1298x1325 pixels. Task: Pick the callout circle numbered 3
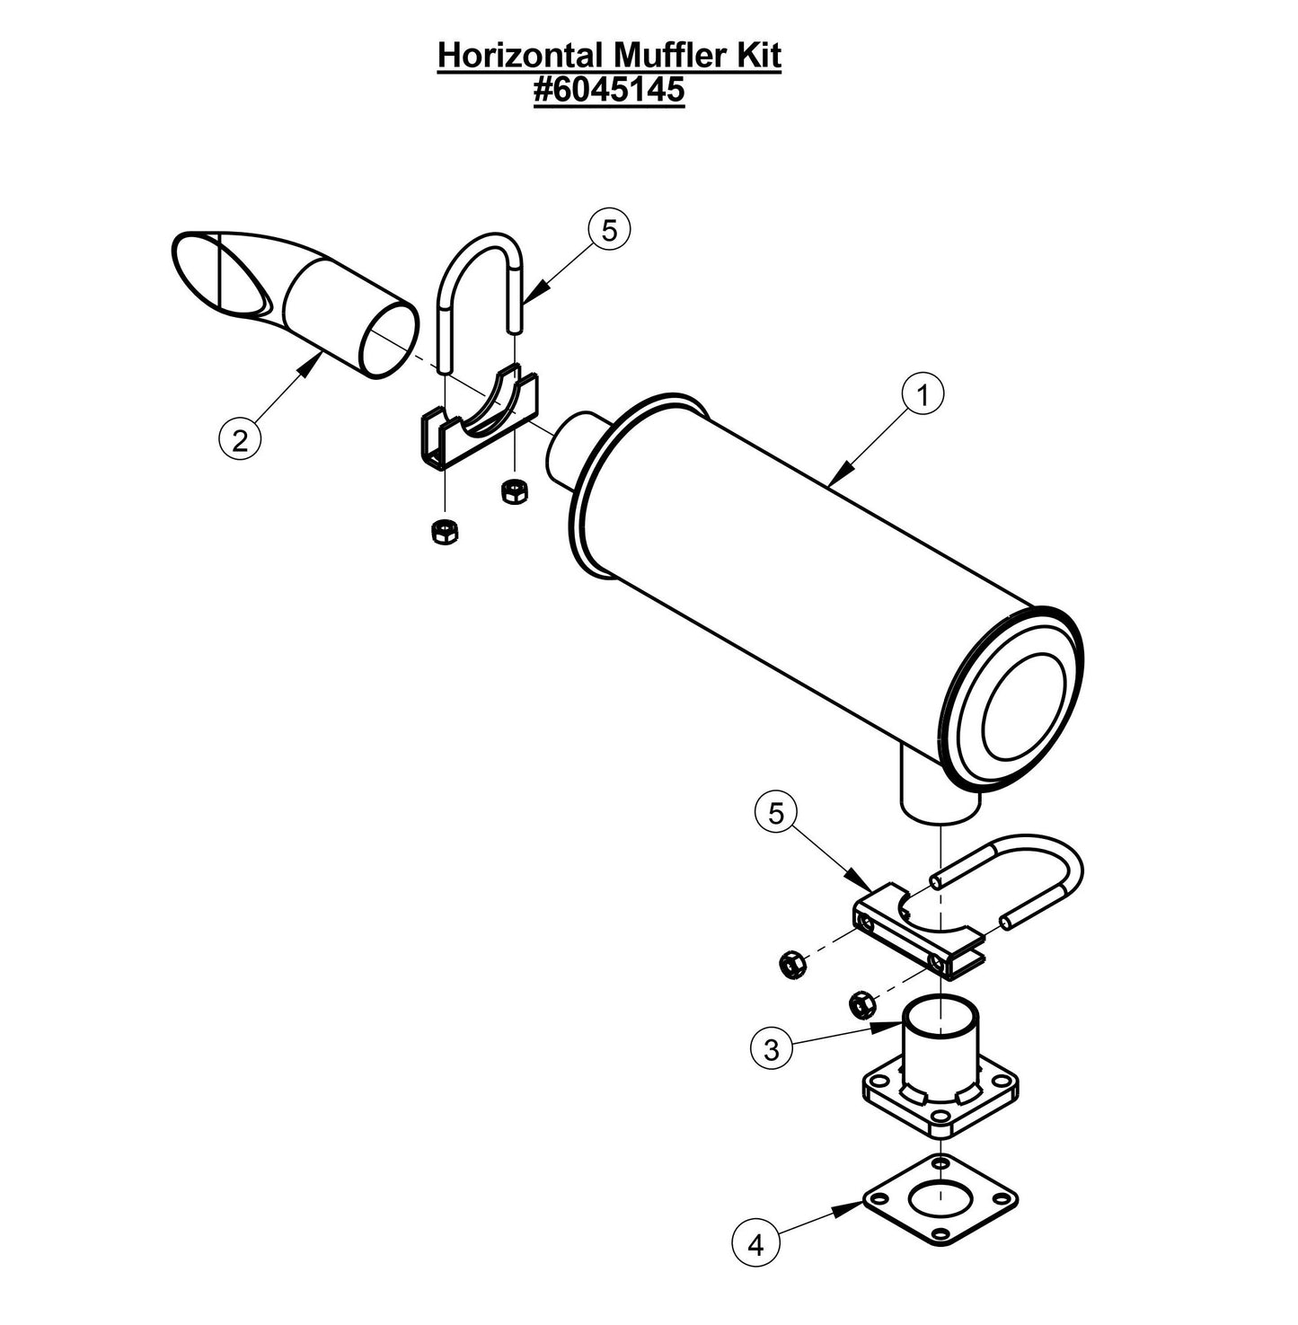click(x=772, y=1048)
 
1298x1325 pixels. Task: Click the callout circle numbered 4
click(x=755, y=1245)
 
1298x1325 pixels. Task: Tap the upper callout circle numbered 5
click(x=609, y=231)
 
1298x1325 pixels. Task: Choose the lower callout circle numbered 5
click(x=776, y=813)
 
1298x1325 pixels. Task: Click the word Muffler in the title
click(x=670, y=56)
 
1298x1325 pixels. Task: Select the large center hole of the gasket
click(x=940, y=1197)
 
